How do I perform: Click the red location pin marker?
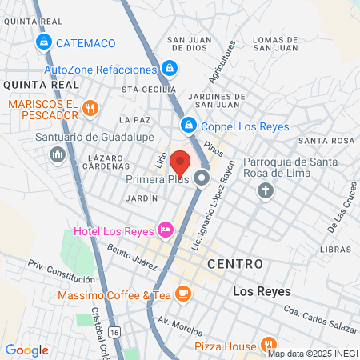click(182, 162)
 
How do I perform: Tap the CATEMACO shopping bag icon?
click(43, 42)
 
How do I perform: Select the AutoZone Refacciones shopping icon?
click(169, 69)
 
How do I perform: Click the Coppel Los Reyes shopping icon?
click(188, 124)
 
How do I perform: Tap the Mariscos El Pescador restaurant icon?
click(90, 107)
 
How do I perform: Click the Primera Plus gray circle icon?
click(202, 178)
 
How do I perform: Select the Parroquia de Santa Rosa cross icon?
click(266, 191)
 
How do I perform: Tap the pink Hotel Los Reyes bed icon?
click(166, 230)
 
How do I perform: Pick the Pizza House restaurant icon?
click(268, 345)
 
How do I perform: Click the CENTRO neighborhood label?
click(234, 263)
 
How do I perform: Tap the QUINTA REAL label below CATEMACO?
click(42, 84)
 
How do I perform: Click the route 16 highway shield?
click(116, 331)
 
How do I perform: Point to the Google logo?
click(26, 350)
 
